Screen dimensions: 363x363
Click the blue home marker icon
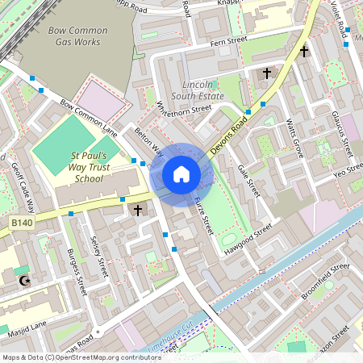pos(181,174)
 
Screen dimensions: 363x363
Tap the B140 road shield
pos(23,221)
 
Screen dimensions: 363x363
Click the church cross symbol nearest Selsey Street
pos(137,210)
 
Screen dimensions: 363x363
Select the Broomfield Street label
pos(319,276)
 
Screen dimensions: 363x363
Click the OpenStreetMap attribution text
pos(71,357)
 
